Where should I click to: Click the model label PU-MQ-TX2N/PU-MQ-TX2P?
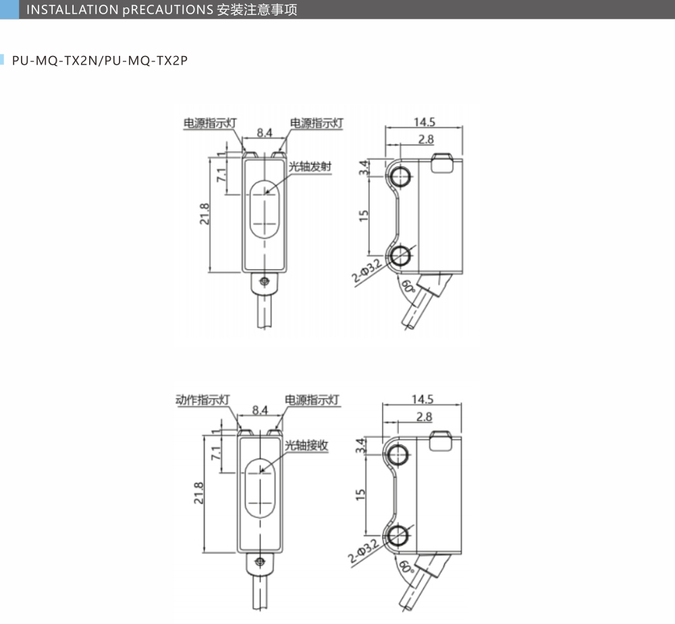click(x=99, y=61)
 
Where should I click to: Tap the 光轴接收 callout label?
click(x=306, y=445)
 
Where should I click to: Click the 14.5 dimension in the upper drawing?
click(x=425, y=122)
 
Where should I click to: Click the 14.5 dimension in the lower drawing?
click(x=422, y=399)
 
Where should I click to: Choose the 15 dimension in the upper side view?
click(x=364, y=215)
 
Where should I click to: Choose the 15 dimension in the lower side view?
click(x=361, y=494)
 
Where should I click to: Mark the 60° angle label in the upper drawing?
click(x=407, y=286)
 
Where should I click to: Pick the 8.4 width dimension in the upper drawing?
click(x=263, y=134)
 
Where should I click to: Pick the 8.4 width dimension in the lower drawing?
click(x=260, y=409)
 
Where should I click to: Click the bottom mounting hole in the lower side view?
click(x=398, y=535)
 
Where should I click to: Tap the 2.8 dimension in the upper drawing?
click(x=426, y=140)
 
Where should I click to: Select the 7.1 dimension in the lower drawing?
click(x=216, y=453)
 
